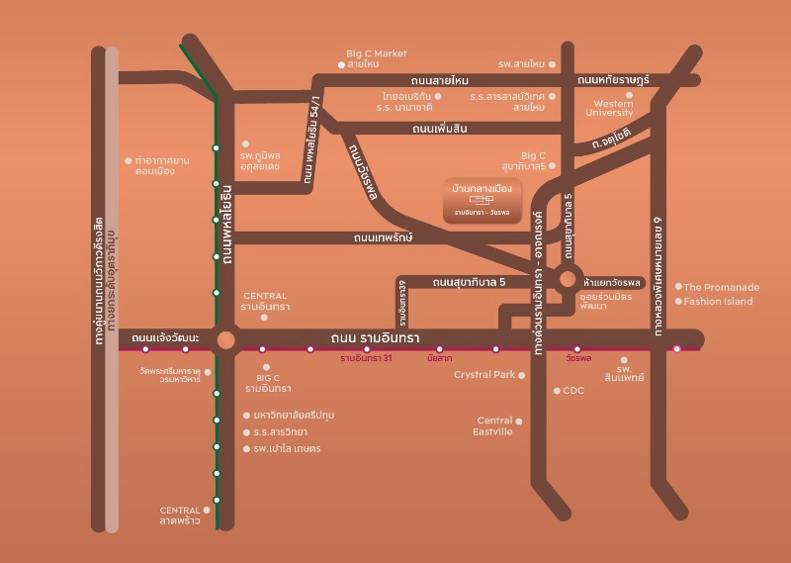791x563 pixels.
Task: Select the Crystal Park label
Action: tap(484, 375)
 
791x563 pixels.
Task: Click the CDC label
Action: tap(574, 390)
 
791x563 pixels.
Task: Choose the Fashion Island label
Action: tap(718, 301)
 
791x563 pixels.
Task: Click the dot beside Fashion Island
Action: tap(678, 301)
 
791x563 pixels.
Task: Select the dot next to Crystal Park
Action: tap(521, 375)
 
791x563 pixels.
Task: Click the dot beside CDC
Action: tap(557, 390)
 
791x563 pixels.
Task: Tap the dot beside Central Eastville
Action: tap(519, 421)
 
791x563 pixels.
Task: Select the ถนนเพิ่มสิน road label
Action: tap(439, 129)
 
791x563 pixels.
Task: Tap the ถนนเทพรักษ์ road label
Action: tap(382, 237)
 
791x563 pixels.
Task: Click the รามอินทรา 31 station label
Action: tap(366, 358)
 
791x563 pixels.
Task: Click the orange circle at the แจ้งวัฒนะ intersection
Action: tap(226, 339)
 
